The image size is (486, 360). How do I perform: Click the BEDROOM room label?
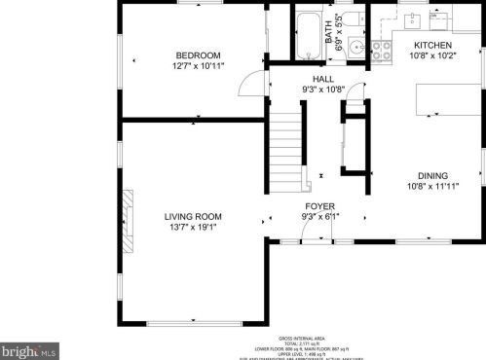198,54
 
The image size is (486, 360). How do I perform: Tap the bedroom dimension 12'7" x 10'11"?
198,65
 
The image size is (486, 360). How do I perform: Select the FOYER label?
320,206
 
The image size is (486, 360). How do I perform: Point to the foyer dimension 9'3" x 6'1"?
320,218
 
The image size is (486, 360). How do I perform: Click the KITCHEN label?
432,46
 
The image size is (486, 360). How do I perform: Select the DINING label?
432,175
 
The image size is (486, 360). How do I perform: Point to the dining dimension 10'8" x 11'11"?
432,186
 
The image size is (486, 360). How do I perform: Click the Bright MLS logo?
29,347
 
